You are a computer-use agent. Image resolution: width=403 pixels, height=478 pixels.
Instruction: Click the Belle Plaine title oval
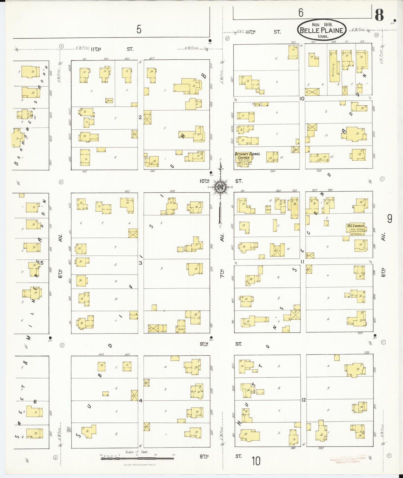(322, 30)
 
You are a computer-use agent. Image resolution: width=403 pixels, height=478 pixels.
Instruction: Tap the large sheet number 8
(379, 15)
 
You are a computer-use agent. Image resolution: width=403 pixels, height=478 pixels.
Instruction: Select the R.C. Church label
(356, 226)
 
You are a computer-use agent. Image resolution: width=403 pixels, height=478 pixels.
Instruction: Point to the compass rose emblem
(221, 187)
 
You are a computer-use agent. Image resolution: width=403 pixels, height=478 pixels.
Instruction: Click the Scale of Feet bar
(137, 458)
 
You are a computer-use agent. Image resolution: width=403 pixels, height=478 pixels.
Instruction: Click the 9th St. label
(220, 344)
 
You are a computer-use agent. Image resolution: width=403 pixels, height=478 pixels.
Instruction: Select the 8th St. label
(220, 456)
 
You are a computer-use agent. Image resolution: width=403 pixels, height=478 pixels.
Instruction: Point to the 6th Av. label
(60, 257)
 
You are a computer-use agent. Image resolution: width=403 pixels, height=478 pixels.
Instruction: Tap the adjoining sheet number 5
(139, 29)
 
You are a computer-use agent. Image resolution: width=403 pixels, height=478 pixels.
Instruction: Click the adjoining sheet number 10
(256, 461)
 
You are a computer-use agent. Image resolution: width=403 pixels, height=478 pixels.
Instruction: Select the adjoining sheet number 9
(390, 219)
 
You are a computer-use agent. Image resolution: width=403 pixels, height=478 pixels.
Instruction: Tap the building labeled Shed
(182, 327)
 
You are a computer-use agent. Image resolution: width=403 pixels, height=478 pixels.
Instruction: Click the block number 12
(303, 400)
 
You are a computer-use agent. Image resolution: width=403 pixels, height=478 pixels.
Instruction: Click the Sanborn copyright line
(139, 465)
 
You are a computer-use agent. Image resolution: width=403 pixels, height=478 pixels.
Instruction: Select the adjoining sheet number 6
(301, 13)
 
